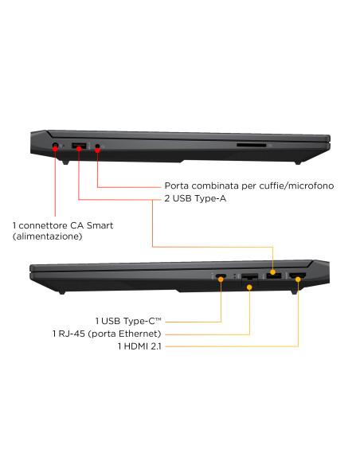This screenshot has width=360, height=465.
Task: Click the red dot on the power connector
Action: click(x=55, y=149)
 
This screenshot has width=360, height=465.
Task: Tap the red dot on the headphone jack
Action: click(x=97, y=150)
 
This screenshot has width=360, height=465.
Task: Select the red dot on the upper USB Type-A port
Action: click(x=79, y=148)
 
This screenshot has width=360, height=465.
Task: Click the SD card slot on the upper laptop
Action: click(x=251, y=145)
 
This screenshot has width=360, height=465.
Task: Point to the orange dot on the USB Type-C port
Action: click(x=221, y=279)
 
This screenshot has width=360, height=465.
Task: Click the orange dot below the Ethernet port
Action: click(x=249, y=287)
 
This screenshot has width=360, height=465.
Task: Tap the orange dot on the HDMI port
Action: click(x=298, y=279)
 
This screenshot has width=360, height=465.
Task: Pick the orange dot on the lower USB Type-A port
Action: click(x=273, y=272)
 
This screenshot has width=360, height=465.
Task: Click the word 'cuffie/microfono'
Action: click(x=296, y=186)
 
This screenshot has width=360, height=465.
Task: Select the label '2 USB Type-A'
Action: click(x=195, y=198)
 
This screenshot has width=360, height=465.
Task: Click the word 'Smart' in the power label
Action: click(x=100, y=225)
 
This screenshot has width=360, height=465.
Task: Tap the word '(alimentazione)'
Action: click(x=48, y=236)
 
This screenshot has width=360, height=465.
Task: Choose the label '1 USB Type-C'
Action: click(x=128, y=321)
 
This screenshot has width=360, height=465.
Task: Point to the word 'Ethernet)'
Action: click(x=140, y=334)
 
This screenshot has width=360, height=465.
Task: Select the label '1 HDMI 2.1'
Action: click(x=139, y=346)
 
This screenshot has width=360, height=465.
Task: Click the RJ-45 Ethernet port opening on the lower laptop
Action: click(x=249, y=278)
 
